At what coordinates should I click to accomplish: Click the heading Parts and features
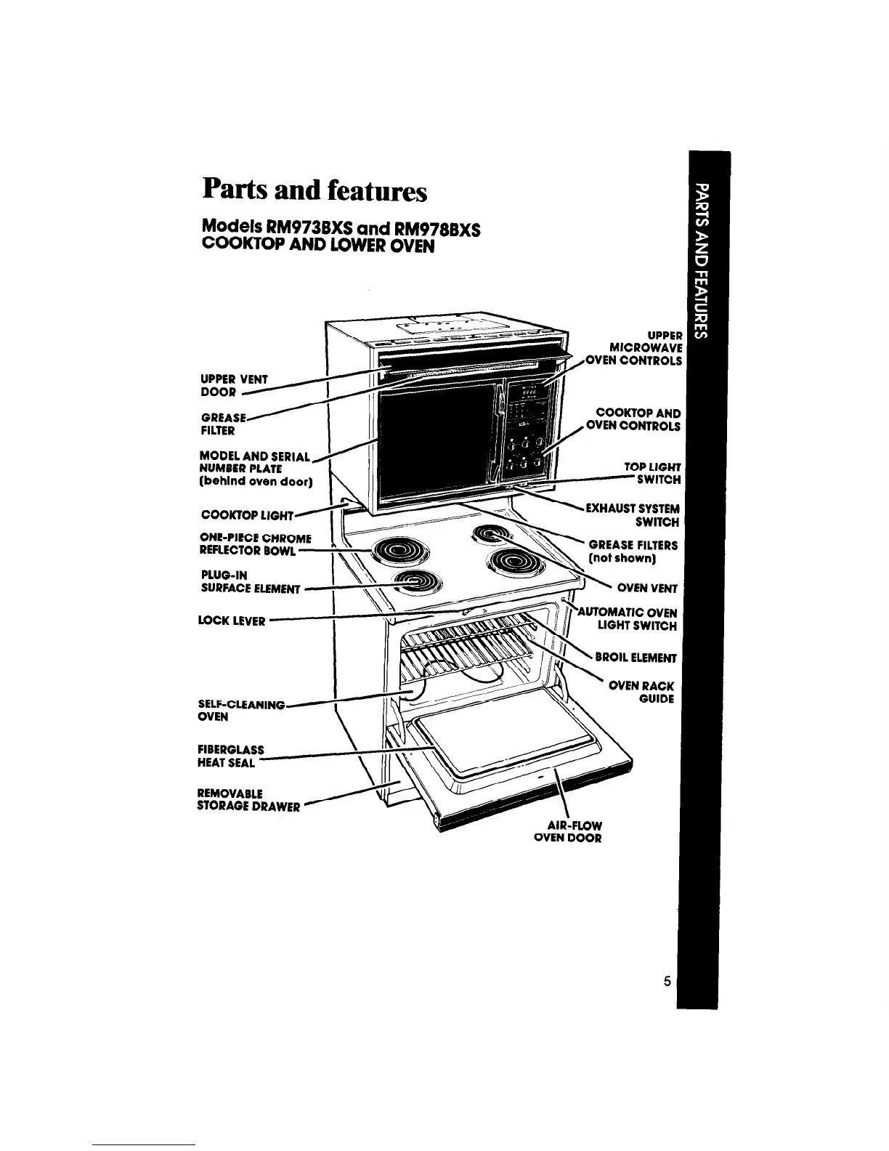pyautogui.click(x=314, y=190)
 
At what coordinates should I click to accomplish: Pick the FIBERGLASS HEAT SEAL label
pyautogui.click(x=227, y=756)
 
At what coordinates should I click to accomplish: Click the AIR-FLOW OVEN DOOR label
pyautogui.click(x=567, y=831)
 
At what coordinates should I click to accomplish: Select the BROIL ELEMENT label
pyautogui.click(x=636, y=658)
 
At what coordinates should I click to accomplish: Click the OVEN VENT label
pyautogui.click(x=646, y=589)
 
